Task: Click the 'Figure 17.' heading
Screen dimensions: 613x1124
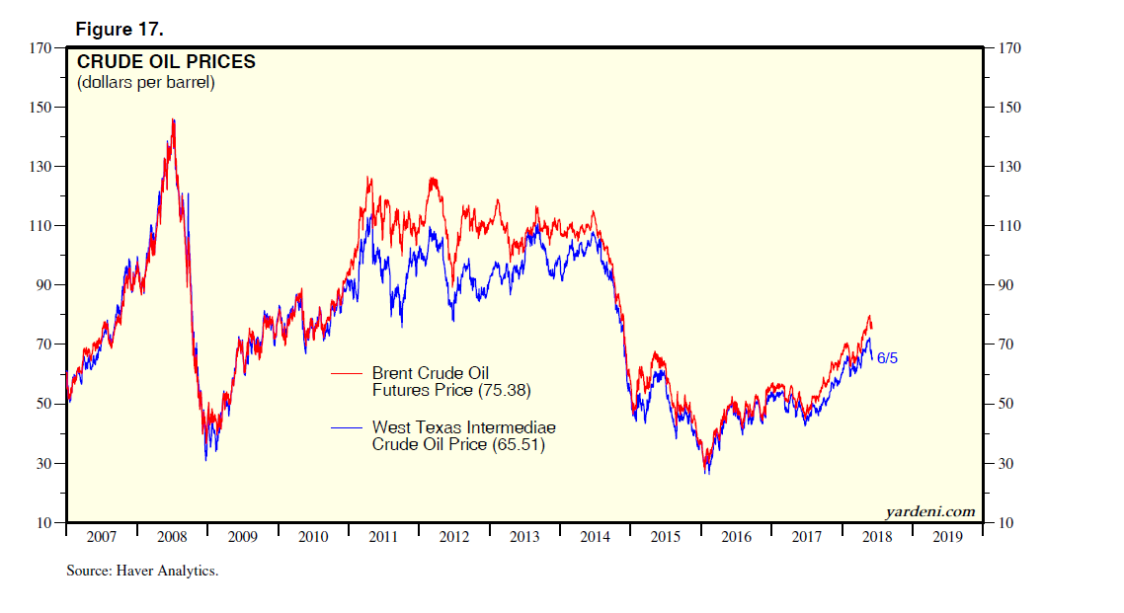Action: click(120, 29)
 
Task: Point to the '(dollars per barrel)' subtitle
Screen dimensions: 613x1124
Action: click(145, 83)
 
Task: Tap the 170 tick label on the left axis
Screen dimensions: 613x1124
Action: click(39, 47)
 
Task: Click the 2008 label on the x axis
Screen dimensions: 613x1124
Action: click(172, 538)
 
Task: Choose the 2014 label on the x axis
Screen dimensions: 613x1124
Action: click(595, 538)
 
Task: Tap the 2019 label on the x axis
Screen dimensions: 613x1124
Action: click(947, 538)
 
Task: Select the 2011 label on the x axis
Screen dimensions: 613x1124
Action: click(383, 538)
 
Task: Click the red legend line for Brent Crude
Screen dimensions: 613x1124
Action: click(346, 374)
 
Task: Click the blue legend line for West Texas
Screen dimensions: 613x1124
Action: click(346, 428)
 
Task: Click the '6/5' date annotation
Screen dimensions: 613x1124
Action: click(887, 358)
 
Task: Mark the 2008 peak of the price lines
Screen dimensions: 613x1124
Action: click(173, 120)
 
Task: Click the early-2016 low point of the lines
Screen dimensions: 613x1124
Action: click(706, 472)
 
